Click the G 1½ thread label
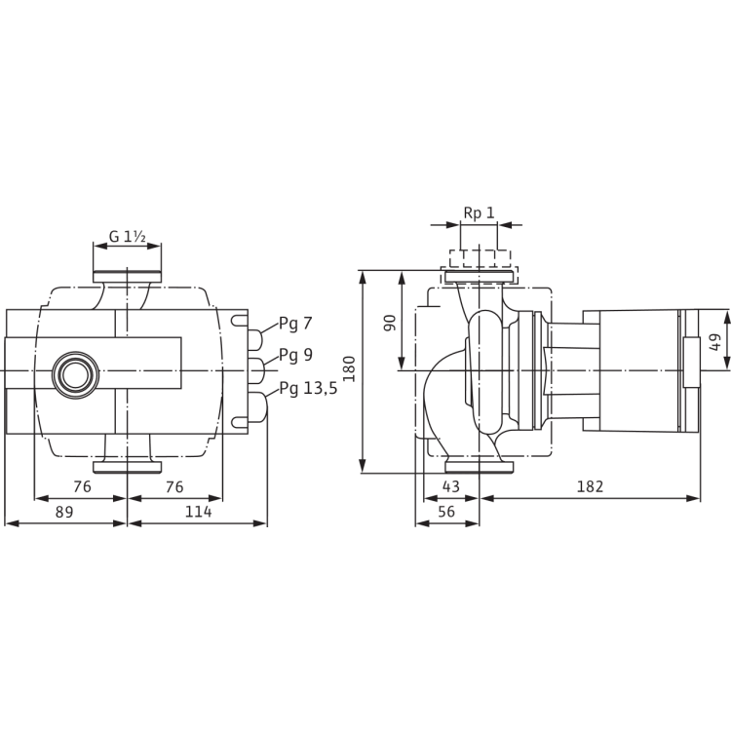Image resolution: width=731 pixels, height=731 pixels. point(127,235)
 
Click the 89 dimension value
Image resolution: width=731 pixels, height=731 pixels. point(62,512)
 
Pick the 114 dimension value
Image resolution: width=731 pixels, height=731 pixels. point(198,512)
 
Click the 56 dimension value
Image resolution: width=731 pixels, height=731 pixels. point(447,512)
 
